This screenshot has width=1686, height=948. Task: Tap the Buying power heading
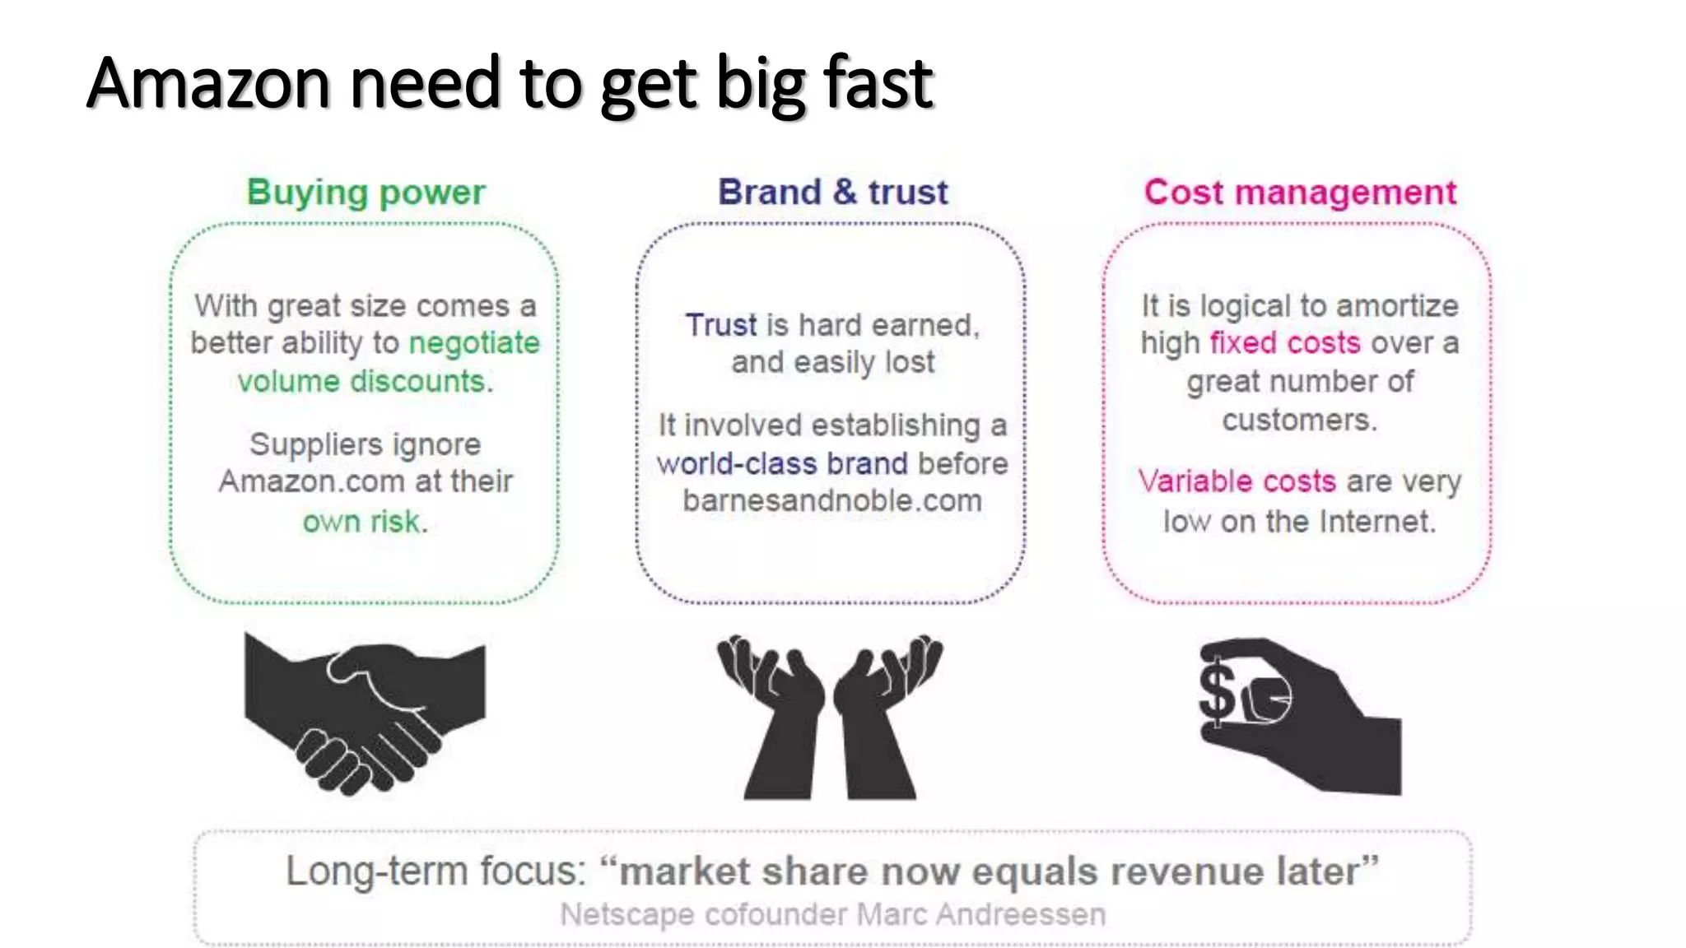point(366,193)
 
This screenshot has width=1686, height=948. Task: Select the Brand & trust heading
point(832,193)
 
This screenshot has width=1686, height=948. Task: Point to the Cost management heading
point(1300,193)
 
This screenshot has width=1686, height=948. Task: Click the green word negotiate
point(474,343)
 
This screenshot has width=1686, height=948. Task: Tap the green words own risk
point(362,522)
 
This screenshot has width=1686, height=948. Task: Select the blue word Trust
point(720,325)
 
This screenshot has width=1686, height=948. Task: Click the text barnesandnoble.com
point(832,500)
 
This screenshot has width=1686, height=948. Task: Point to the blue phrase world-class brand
point(781,463)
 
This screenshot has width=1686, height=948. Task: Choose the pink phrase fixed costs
point(1284,343)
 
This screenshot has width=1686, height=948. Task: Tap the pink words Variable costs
point(1237,481)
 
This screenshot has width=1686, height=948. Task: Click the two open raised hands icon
point(831,716)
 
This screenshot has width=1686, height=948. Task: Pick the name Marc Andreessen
point(980,914)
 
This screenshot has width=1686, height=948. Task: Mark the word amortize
point(1397,306)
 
